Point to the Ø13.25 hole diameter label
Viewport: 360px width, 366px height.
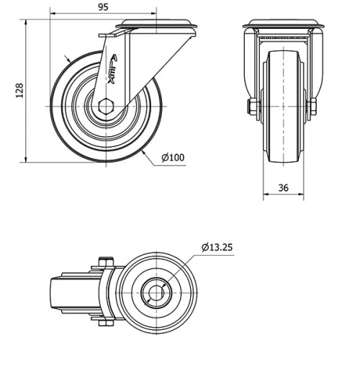click(217, 247)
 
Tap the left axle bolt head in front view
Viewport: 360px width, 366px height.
click(253, 108)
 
